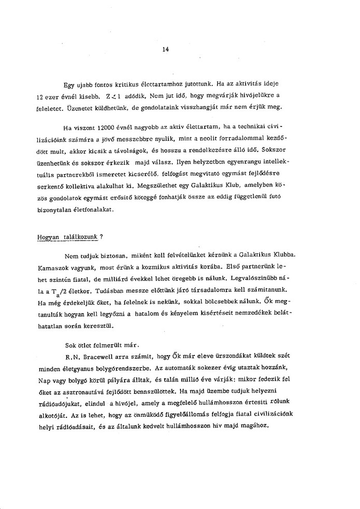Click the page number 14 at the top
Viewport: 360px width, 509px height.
[165, 49]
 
